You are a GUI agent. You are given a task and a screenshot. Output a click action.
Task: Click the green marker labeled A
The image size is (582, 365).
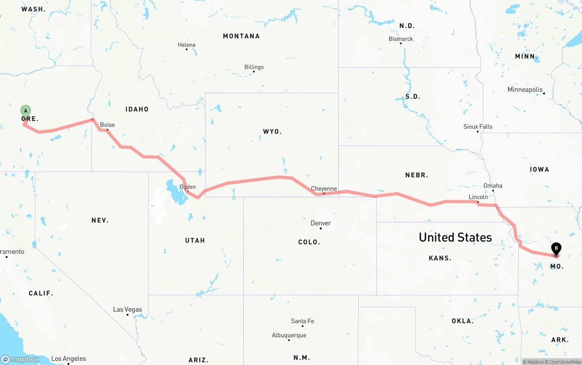25,111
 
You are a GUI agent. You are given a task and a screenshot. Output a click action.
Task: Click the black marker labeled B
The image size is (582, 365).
556,249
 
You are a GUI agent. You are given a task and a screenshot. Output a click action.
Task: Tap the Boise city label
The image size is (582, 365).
107,125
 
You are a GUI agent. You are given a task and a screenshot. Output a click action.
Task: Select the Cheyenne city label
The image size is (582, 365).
324,189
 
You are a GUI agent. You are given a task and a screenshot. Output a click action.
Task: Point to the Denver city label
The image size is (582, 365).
321,223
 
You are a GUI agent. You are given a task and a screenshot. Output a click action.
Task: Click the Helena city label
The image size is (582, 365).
186,45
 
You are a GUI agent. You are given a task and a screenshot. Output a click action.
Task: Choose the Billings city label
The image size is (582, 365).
254,67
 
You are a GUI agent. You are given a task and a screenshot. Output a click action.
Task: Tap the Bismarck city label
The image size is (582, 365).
401,39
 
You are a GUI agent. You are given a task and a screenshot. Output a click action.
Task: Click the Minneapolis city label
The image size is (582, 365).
525,90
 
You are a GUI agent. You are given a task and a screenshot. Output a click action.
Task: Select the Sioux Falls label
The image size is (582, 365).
477,126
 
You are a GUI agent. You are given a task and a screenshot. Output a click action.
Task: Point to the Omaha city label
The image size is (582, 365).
493,185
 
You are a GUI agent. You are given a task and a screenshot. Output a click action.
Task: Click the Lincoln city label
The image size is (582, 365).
478,197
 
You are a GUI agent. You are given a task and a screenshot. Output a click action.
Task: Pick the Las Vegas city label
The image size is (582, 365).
127,310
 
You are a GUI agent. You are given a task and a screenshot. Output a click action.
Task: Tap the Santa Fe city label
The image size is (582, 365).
302,321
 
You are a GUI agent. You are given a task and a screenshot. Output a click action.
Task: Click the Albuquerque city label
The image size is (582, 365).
289,335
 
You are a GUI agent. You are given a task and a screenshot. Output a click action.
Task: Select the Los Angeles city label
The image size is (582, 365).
68,359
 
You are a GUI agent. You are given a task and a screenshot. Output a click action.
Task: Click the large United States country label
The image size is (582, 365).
455,237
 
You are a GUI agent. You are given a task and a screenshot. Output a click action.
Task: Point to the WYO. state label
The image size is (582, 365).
272,132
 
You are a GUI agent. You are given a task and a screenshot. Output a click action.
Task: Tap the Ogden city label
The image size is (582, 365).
188,187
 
